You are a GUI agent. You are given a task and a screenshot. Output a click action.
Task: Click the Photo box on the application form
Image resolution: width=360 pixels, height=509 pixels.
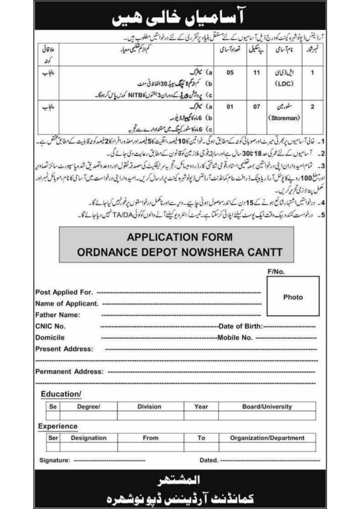pos(293,297)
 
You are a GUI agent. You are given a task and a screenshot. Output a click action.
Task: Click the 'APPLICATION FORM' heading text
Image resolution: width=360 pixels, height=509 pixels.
pos(179,238)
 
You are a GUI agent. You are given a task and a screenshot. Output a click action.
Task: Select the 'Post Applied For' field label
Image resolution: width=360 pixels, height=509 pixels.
pos(64,293)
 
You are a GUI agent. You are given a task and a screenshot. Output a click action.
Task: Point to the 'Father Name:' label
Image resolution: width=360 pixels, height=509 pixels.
pos(58,315)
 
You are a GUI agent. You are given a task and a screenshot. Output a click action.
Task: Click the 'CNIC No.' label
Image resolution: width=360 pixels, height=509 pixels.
pos(51,326)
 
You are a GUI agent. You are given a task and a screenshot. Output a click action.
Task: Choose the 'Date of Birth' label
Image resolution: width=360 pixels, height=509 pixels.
pos(241,326)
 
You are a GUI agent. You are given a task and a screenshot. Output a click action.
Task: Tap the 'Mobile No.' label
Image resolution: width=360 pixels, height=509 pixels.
pos(236,338)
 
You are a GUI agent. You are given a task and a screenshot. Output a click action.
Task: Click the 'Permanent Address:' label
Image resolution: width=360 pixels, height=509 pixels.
pos(69,371)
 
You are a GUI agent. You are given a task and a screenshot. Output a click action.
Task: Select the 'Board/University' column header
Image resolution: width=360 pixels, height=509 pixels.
pos(267,407)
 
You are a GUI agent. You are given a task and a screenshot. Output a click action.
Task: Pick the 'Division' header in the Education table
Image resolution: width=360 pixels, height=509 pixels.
pos(150,407)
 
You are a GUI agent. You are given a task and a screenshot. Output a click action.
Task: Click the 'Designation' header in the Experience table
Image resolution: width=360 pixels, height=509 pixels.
pos(89,438)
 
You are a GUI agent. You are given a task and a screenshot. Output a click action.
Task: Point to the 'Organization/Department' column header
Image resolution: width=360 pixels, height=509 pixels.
pos(268,438)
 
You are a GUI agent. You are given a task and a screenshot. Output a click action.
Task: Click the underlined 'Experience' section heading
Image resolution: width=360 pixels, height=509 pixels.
pos(58,426)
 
